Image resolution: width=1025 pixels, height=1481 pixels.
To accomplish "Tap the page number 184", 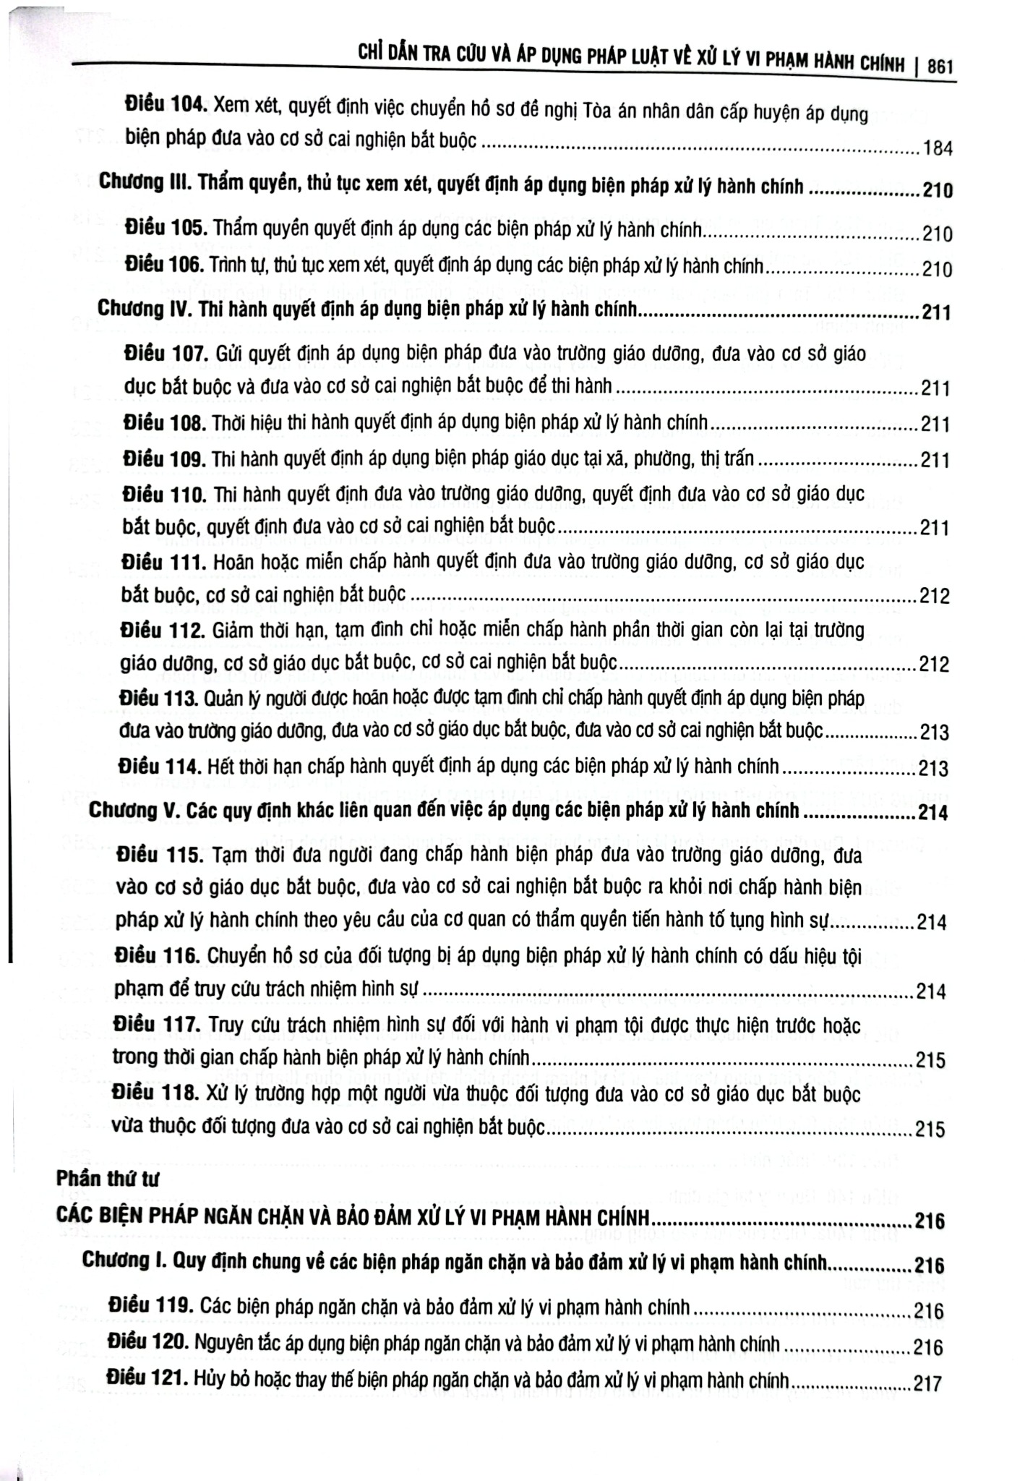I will click(x=938, y=150).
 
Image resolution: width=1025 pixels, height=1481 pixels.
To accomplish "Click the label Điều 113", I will click(x=160, y=699).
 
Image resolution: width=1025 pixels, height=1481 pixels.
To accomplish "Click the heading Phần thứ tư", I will click(x=106, y=1177).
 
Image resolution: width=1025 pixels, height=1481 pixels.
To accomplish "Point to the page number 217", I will click(x=929, y=1383).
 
